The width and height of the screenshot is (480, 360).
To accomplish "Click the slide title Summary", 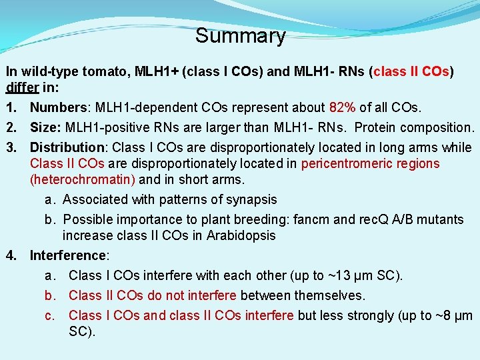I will (x=240, y=35).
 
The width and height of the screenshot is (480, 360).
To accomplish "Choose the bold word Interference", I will (x=67, y=255).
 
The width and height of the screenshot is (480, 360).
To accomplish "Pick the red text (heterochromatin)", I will (x=83, y=179).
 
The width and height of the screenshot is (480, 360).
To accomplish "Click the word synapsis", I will (x=253, y=199).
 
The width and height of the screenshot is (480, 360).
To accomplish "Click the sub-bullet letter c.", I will (x=49, y=315).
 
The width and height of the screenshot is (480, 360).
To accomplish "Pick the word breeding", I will (x=271, y=219).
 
